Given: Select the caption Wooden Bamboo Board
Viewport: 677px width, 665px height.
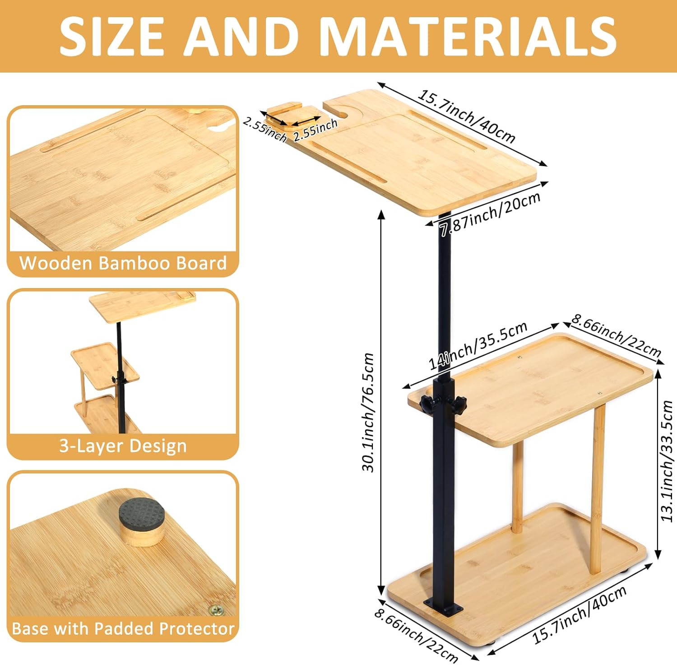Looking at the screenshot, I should pos(123,263).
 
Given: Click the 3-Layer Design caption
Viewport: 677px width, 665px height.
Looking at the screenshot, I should pos(123,446).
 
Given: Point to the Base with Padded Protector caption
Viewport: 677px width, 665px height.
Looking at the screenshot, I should pos(123,628).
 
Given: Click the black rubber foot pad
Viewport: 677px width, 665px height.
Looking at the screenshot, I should pos(142,514).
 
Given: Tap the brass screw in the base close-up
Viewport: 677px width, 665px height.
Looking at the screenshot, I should pos(216,610).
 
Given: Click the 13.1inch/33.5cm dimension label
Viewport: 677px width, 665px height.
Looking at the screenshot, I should pos(667,460).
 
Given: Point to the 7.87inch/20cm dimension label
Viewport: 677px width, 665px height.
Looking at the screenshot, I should pos(490,214).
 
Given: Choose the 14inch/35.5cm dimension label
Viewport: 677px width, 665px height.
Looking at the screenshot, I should pos(478,346).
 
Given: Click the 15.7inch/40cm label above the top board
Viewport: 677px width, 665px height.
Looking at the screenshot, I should pos(466,116).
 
